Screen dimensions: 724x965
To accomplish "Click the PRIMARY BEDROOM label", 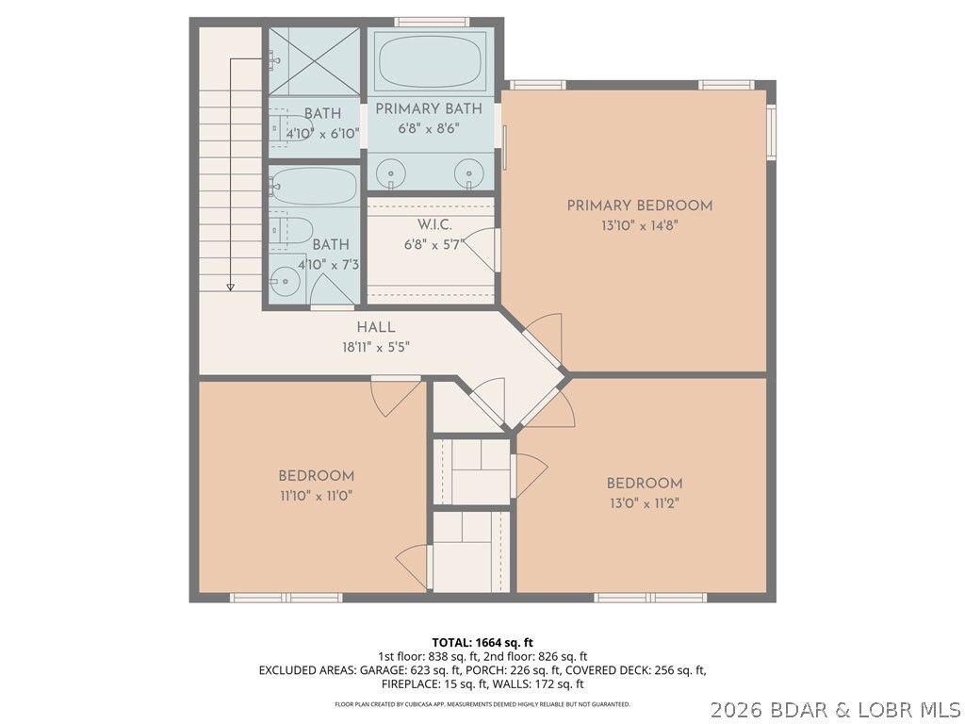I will pyautogui.click(x=639, y=206).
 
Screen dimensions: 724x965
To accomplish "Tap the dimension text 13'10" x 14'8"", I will pyautogui.click(x=639, y=226).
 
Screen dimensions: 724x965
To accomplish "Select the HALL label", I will pyautogui.click(x=375, y=327).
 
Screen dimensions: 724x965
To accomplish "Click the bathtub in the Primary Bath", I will pyautogui.click(x=430, y=62).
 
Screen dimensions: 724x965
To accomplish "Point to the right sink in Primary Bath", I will pyautogui.click(x=468, y=173).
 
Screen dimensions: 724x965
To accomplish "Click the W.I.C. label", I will pyautogui.click(x=434, y=224).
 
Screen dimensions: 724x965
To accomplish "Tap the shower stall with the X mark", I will pyautogui.click(x=315, y=61).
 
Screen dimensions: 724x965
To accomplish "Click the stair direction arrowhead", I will pyautogui.click(x=230, y=286).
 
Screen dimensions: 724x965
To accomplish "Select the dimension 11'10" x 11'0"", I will pyautogui.click(x=316, y=495).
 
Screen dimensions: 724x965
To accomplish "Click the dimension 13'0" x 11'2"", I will pyautogui.click(x=643, y=503).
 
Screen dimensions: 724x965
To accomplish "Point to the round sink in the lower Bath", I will pyautogui.click(x=283, y=279).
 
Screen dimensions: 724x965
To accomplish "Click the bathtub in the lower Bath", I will pyautogui.click(x=314, y=188).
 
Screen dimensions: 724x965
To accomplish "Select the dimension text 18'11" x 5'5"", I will pyautogui.click(x=375, y=347).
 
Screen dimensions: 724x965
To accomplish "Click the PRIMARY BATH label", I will pyautogui.click(x=429, y=108).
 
